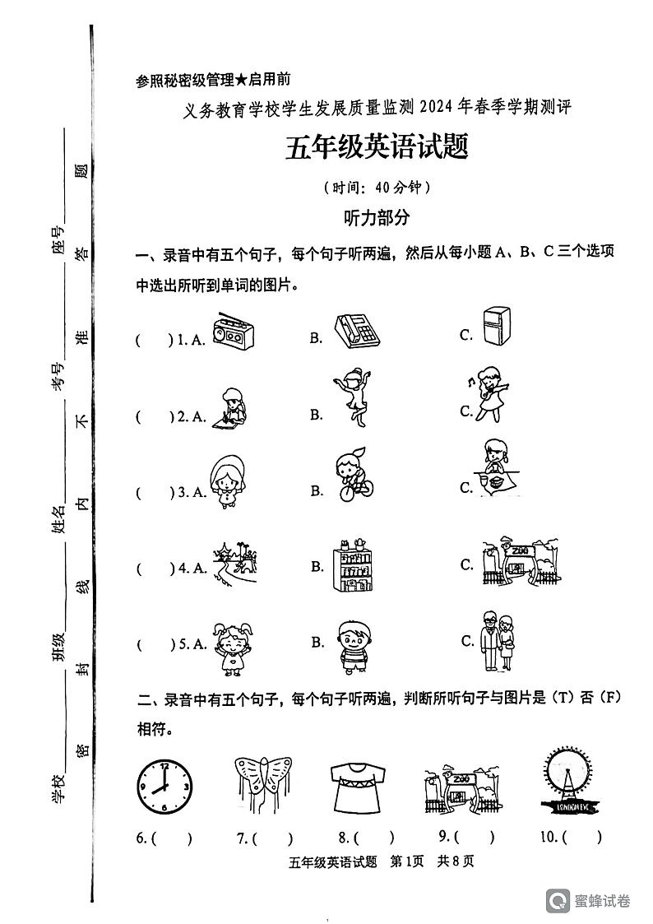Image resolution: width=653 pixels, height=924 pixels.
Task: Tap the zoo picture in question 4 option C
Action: (x=521, y=564)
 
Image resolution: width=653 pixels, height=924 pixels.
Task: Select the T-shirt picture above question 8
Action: (x=359, y=786)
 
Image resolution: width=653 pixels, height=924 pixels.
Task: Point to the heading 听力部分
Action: (x=376, y=217)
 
